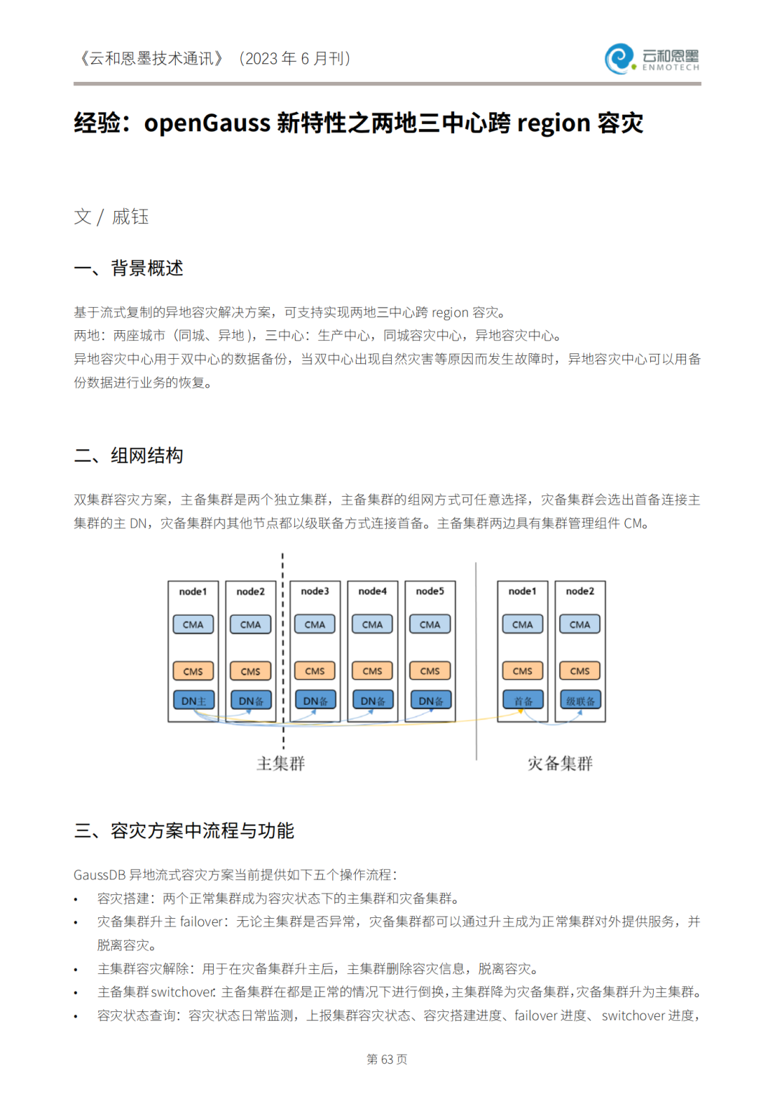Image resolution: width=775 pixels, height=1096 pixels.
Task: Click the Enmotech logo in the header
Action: click(652, 59)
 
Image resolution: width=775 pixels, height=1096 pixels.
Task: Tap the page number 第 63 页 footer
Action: click(387, 1059)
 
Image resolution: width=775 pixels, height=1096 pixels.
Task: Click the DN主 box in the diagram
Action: click(193, 701)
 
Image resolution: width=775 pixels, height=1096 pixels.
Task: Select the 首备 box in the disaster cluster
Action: click(522, 701)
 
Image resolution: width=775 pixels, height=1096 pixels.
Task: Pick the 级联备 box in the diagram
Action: click(580, 701)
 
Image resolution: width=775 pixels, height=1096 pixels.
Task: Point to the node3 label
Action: click(315, 591)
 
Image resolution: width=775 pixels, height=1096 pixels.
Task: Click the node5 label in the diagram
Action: click(430, 591)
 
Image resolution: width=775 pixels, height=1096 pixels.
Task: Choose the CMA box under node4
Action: click(372, 624)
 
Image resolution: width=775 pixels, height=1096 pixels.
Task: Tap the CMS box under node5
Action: click(430, 671)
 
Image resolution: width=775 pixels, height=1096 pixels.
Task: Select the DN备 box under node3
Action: click(315, 701)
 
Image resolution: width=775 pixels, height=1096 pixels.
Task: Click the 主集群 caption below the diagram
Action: click(281, 763)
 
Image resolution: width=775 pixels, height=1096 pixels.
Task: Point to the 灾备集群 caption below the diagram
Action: click(560, 763)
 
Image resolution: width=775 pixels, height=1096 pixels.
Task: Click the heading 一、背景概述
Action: click(129, 268)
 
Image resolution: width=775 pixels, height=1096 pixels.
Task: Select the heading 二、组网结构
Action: click(129, 456)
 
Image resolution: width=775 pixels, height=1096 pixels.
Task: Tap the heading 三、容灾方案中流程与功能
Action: click(184, 831)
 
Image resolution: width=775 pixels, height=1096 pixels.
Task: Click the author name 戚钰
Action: click(131, 217)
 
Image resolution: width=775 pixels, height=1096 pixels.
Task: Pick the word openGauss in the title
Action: click(207, 123)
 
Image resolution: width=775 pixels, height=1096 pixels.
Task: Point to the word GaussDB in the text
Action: click(99, 875)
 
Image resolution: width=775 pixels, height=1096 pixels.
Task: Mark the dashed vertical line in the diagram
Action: click(283, 646)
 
